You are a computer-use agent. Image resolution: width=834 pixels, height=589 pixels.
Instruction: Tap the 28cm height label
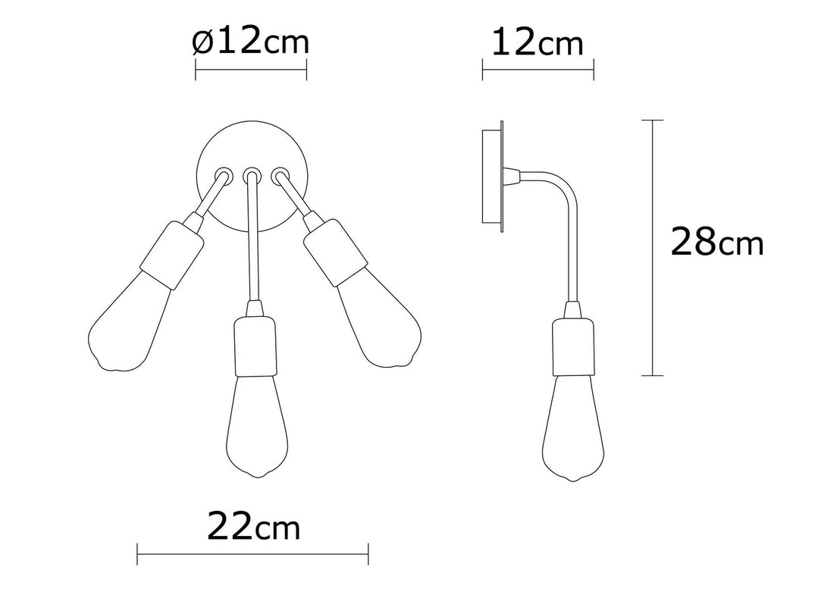coord(717,242)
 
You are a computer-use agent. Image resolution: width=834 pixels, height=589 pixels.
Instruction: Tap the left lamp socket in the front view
coord(172,255)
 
